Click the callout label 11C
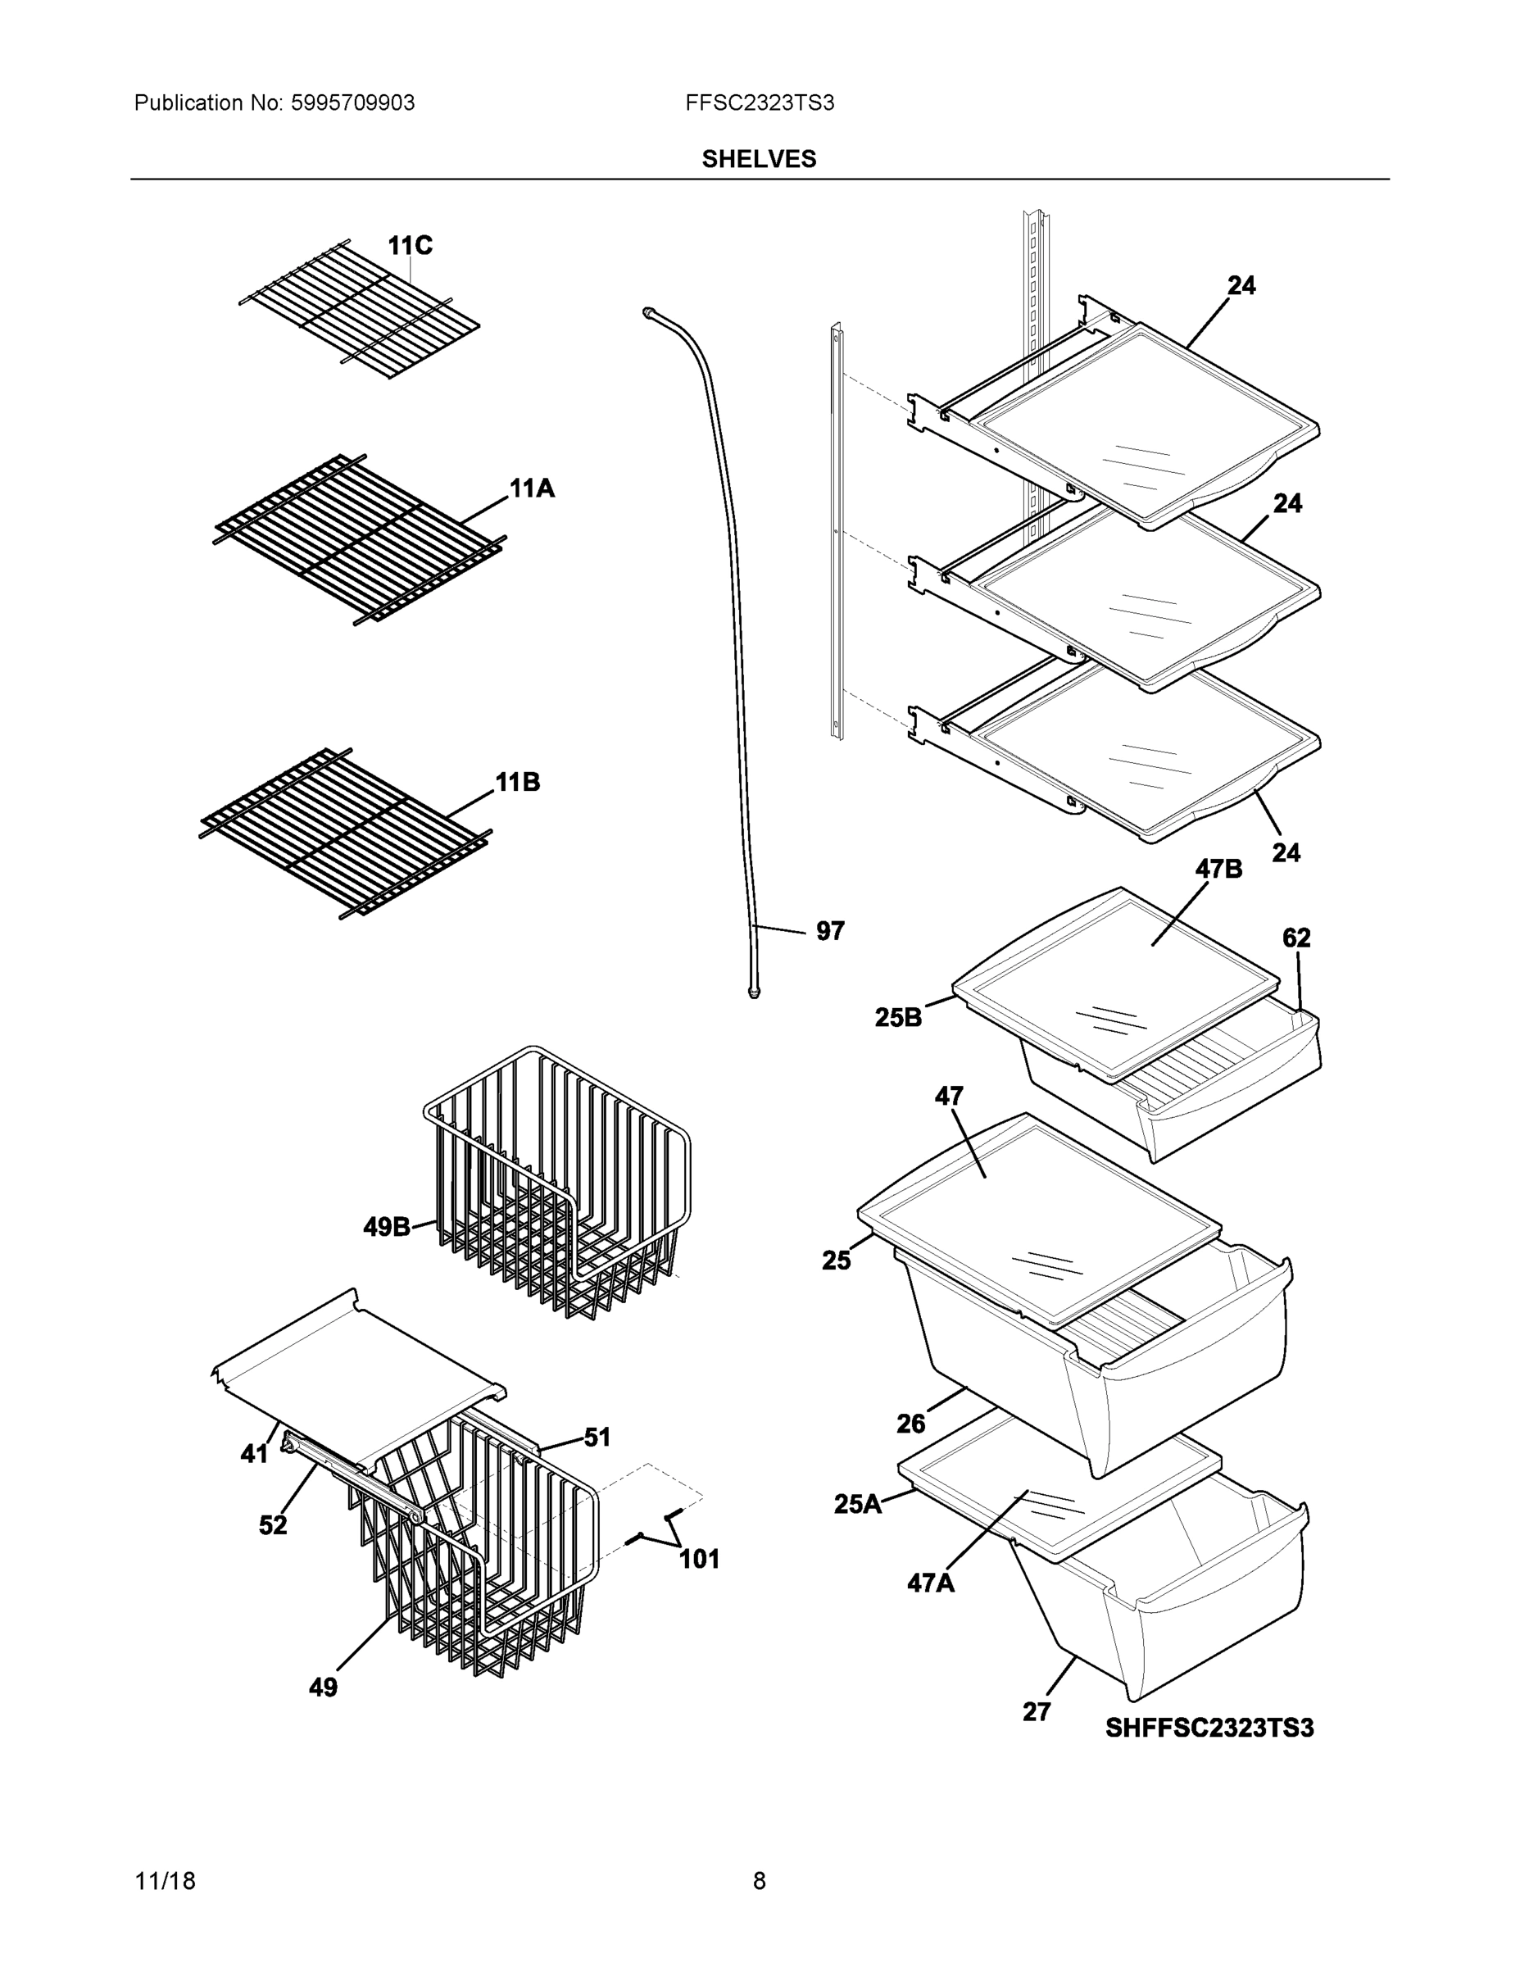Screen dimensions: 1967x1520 coord(410,245)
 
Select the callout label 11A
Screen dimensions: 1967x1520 coord(531,489)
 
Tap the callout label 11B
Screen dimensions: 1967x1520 coord(518,782)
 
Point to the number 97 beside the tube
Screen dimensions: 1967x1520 coord(829,931)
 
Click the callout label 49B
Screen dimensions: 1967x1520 coord(386,1227)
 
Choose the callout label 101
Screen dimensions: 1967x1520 coord(699,1559)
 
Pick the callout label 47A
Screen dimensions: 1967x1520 coord(930,1583)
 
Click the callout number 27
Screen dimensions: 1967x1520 coord(1037,1711)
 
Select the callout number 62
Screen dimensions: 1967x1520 coord(1295,938)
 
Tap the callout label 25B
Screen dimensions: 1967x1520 coord(898,1018)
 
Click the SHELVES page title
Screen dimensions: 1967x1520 coord(759,160)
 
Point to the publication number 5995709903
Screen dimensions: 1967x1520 coord(352,103)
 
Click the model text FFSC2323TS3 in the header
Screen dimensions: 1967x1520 coord(759,103)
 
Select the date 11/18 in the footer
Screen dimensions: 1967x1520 coord(165,1881)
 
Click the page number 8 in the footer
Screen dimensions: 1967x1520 coord(759,1881)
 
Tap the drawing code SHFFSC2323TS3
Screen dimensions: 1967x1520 coord(1209,1728)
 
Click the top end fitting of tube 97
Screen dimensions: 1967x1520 coord(647,312)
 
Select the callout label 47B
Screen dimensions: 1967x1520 coord(1218,868)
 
